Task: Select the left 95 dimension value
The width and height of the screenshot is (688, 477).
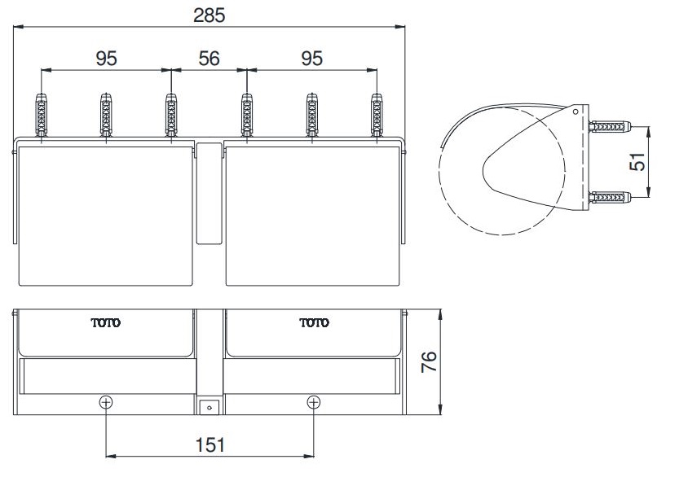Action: (107, 58)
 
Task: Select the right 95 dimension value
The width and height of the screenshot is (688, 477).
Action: (311, 58)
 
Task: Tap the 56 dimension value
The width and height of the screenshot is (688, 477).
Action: (209, 58)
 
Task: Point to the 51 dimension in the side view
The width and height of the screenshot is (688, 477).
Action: (640, 162)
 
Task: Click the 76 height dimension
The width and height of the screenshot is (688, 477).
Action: (430, 361)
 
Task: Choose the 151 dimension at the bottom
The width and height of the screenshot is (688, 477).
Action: (209, 444)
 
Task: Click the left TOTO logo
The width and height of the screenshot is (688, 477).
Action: (105, 323)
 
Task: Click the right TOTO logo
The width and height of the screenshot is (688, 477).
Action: (314, 323)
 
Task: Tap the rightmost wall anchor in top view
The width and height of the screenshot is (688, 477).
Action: (377, 116)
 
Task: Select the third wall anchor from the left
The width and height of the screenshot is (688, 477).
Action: (171, 116)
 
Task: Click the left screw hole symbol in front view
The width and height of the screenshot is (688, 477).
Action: (106, 402)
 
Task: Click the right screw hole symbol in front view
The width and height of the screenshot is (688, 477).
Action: (314, 402)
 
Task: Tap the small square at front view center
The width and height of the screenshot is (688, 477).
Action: (209, 405)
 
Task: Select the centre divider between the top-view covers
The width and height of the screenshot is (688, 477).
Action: (209, 194)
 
